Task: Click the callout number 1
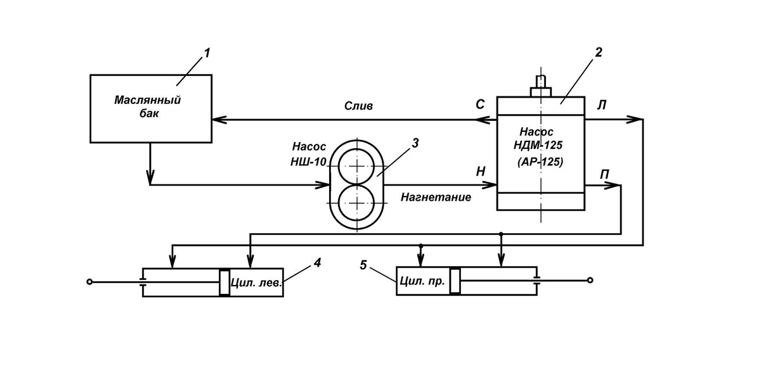pos(207,53)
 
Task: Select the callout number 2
pos(598,53)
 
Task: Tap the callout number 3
pos(415,143)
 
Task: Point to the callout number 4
pos(317,262)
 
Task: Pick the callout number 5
pos(363,265)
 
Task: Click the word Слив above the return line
pos(358,106)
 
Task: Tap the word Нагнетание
pos(436,197)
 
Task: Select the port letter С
pos(480,105)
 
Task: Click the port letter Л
pos(602,105)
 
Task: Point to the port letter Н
pos(481,172)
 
